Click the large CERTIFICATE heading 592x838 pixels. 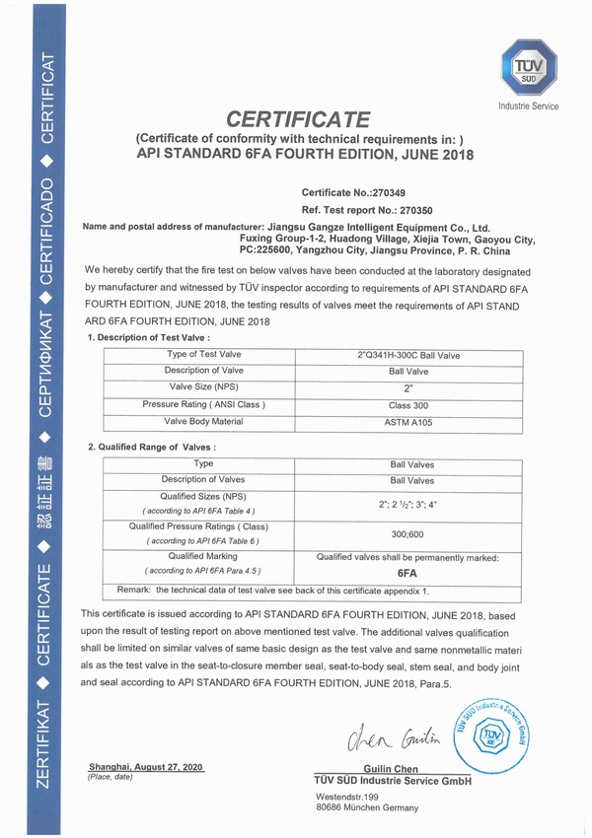pos(298,119)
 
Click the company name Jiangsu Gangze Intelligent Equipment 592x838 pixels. pos(379,226)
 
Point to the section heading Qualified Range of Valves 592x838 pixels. pos(153,447)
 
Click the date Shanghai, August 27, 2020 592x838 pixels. pos(146,766)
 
